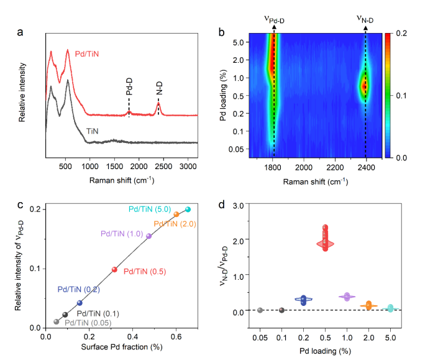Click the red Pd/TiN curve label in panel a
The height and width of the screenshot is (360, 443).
(87, 54)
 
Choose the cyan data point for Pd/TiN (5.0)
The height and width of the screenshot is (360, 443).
(188, 210)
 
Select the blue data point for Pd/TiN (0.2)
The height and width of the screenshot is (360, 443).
(80, 303)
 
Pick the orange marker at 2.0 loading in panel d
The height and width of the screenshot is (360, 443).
(369, 305)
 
